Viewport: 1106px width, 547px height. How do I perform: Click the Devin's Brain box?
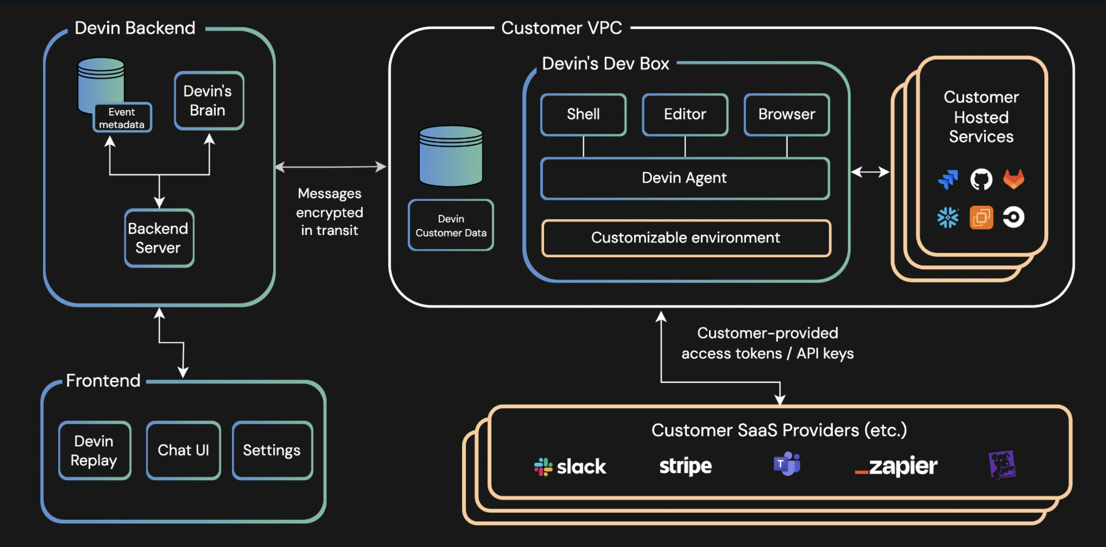point(209,101)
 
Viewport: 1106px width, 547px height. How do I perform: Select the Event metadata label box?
point(122,118)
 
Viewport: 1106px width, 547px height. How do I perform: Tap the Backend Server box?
point(159,238)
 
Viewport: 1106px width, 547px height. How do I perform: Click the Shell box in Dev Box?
point(583,114)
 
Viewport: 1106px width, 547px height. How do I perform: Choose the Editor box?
point(684,114)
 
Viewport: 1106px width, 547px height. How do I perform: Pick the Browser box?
point(786,114)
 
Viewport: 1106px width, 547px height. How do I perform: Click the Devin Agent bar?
point(684,178)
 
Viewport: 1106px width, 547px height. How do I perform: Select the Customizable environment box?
point(686,237)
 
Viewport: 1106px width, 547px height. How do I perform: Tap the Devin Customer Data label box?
point(451,226)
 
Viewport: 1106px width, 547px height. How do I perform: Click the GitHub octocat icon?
point(981,179)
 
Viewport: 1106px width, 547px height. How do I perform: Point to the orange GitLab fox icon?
point(1014,179)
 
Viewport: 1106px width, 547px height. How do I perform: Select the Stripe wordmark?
point(685,466)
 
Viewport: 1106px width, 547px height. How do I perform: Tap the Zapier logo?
point(896,466)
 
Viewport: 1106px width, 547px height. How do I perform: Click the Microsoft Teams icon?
point(787,464)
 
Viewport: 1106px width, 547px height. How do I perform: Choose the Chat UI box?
point(183,450)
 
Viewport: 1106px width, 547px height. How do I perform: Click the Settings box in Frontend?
point(272,450)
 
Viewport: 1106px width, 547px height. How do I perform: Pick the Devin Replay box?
point(94,450)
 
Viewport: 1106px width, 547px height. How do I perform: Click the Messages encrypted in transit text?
point(330,212)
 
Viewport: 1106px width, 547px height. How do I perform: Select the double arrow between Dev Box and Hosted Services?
point(870,172)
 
